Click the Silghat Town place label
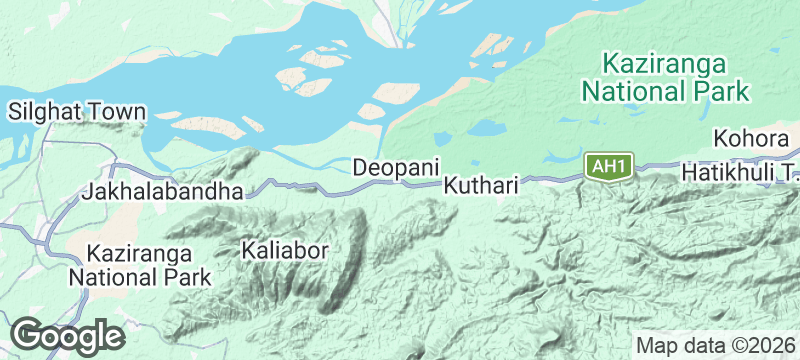(x=77, y=112)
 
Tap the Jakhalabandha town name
(x=164, y=190)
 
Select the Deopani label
(x=396, y=167)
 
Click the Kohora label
(x=755, y=137)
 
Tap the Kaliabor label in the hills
(x=285, y=250)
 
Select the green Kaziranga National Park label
(x=665, y=78)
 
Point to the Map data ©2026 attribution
(x=712, y=345)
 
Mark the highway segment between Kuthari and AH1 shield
(x=550, y=178)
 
